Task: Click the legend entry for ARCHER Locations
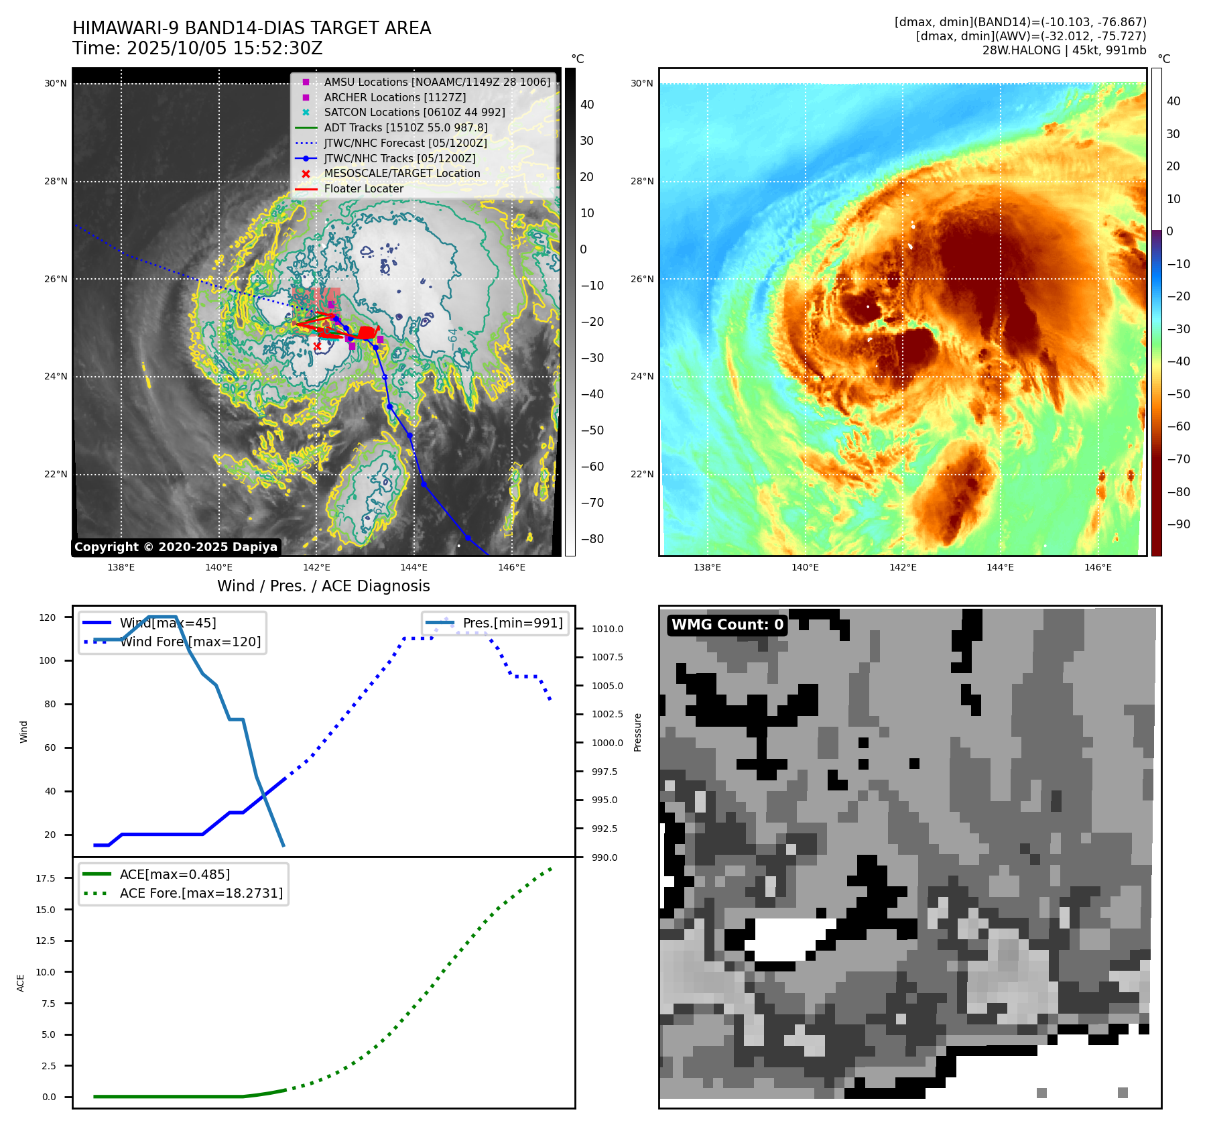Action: (395, 97)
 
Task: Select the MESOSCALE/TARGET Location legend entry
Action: (401, 174)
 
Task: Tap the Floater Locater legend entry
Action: (363, 189)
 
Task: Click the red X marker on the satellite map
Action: (317, 346)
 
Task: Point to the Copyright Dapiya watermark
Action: (176, 547)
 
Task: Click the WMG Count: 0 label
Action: (727, 625)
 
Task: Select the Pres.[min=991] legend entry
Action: (512, 623)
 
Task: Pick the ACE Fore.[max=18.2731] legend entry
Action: (201, 893)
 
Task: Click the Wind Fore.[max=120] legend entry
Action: (190, 642)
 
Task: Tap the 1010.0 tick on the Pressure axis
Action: (607, 629)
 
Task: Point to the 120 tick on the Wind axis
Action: (48, 617)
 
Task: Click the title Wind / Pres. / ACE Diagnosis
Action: (324, 586)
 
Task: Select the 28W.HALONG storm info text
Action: (1064, 50)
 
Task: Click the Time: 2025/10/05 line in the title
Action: (198, 48)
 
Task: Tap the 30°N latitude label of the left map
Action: (56, 84)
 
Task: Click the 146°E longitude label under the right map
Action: (1098, 568)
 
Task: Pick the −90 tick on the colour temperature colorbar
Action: (1178, 524)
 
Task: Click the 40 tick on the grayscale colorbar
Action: (587, 105)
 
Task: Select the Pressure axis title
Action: (637, 732)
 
